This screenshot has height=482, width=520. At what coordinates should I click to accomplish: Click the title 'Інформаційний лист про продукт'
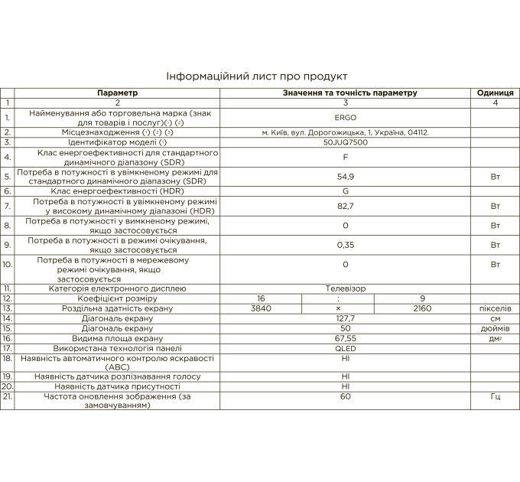pyautogui.click(x=257, y=77)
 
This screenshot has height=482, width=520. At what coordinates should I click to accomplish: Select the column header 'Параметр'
pyautogui.click(x=118, y=93)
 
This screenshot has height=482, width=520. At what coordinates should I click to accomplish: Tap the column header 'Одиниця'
pyautogui.click(x=495, y=93)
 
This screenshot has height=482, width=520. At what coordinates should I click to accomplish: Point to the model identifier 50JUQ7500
pyautogui.click(x=346, y=142)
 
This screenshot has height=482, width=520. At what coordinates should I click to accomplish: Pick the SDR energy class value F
pyautogui.click(x=346, y=157)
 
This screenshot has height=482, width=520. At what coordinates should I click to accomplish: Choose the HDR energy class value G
pyautogui.click(x=346, y=191)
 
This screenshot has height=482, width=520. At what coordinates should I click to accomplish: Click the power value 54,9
pyautogui.click(x=346, y=176)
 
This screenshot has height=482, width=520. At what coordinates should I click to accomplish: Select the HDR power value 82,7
pyautogui.click(x=346, y=207)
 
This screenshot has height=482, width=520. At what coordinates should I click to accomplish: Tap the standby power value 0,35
pyautogui.click(x=346, y=245)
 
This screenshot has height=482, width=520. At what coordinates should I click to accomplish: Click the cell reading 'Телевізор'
pyautogui.click(x=346, y=288)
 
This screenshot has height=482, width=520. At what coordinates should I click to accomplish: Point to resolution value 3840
pyautogui.click(x=261, y=308)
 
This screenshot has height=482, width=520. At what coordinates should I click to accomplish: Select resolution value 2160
pyautogui.click(x=421, y=308)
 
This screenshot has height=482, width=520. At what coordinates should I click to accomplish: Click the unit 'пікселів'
pyautogui.click(x=495, y=308)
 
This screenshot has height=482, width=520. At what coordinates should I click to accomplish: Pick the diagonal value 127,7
pyautogui.click(x=346, y=318)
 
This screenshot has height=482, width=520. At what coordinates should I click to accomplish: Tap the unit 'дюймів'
pyautogui.click(x=495, y=328)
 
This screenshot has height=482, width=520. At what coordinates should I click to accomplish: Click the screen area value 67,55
pyautogui.click(x=346, y=338)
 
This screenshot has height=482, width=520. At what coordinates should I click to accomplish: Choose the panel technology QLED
pyautogui.click(x=346, y=348)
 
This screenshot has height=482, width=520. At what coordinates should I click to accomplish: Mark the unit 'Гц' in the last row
pyautogui.click(x=495, y=397)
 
